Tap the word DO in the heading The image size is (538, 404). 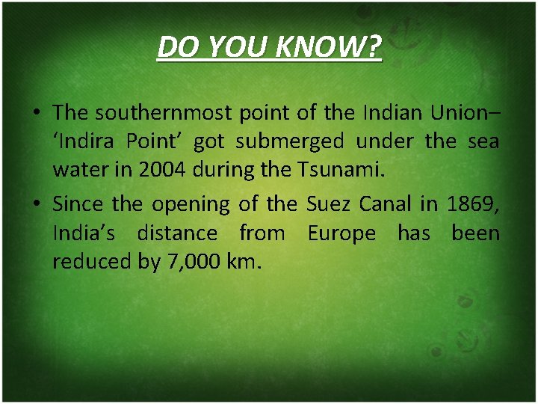point(176,48)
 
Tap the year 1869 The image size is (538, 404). point(472,203)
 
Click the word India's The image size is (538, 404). point(84,233)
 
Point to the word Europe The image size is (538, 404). point(341,233)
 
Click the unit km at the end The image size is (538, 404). point(246,263)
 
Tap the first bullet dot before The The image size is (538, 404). point(36,114)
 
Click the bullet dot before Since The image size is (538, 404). point(36,204)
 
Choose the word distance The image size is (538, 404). point(177,233)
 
